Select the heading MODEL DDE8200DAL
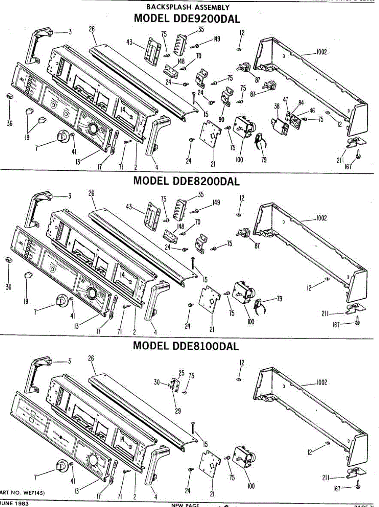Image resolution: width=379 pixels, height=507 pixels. coord(187,181)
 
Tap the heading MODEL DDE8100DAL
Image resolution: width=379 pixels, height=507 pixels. coord(186,346)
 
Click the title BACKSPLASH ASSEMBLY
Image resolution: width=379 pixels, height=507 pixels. coord(188,7)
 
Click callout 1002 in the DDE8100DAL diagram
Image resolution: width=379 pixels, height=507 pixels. coord(322,382)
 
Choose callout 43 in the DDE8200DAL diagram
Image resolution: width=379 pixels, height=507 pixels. coord(129,207)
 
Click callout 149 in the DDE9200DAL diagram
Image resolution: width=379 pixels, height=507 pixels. coord(216,39)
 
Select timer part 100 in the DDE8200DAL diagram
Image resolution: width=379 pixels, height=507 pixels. coord(241,294)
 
